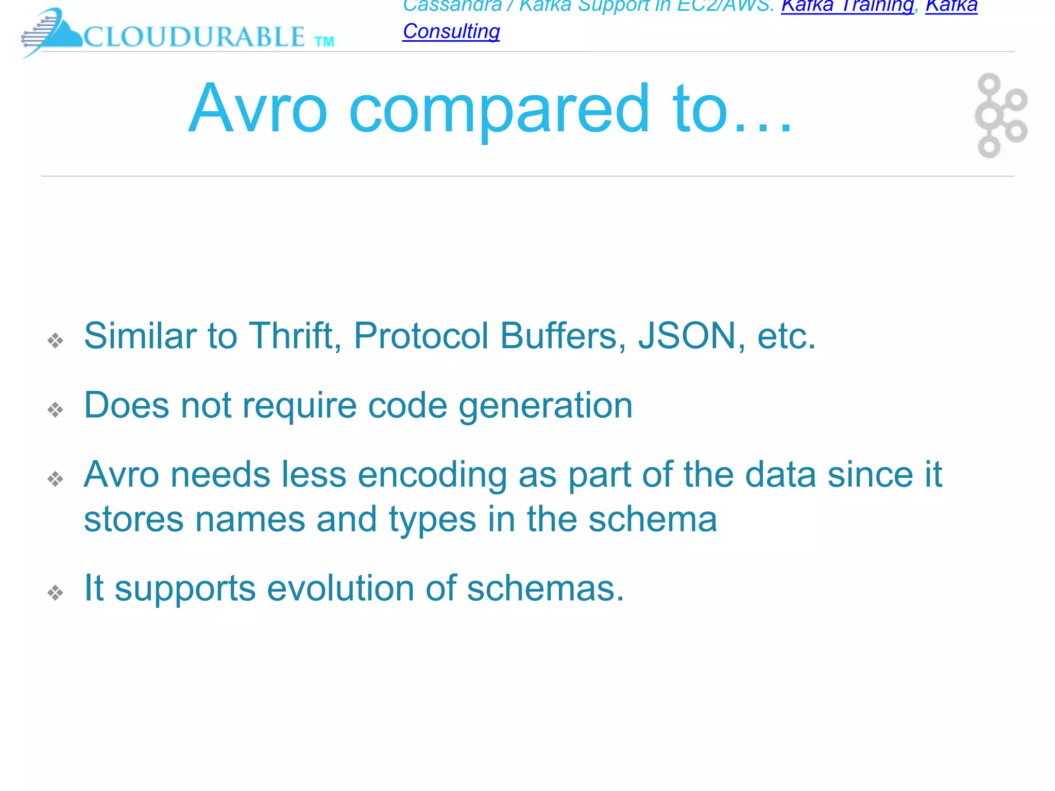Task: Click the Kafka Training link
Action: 847,6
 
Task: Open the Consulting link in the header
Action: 451,31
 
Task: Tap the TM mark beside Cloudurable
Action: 324,42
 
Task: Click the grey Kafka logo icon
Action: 1000,115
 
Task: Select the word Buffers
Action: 563,336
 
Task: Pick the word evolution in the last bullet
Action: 340,588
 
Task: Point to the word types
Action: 433,519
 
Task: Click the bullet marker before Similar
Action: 55,340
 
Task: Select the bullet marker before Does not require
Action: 55,410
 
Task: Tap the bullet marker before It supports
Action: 55,593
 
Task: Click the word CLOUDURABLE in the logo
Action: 194,37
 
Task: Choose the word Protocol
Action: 421,336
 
